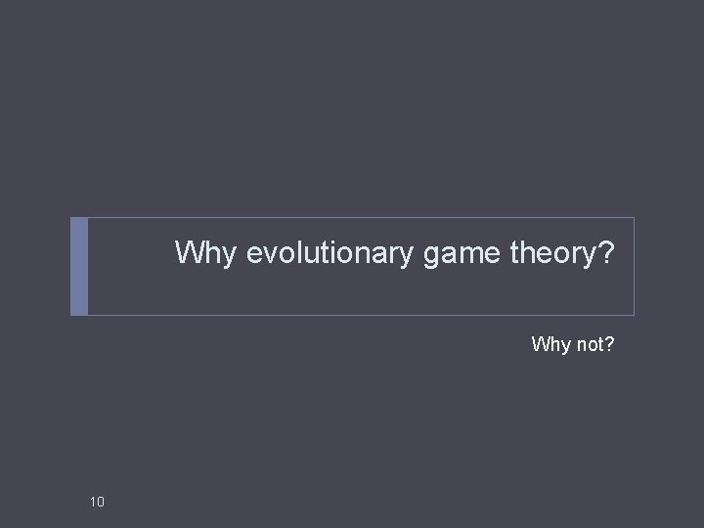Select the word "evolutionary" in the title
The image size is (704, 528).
pos(331,254)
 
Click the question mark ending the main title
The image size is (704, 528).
pos(606,253)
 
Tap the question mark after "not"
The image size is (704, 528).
pos(609,344)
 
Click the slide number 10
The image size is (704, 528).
pos(97,503)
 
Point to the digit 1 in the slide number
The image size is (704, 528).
pos(93,503)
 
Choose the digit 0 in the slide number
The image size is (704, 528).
pos(101,503)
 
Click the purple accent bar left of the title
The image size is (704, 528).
pos(79,266)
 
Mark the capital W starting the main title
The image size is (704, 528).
pos(190,253)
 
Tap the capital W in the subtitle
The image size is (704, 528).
pos(539,344)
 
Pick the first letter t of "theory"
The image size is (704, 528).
pos(514,254)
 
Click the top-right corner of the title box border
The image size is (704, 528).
pos(634,218)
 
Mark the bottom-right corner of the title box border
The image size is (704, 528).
pos(634,315)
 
